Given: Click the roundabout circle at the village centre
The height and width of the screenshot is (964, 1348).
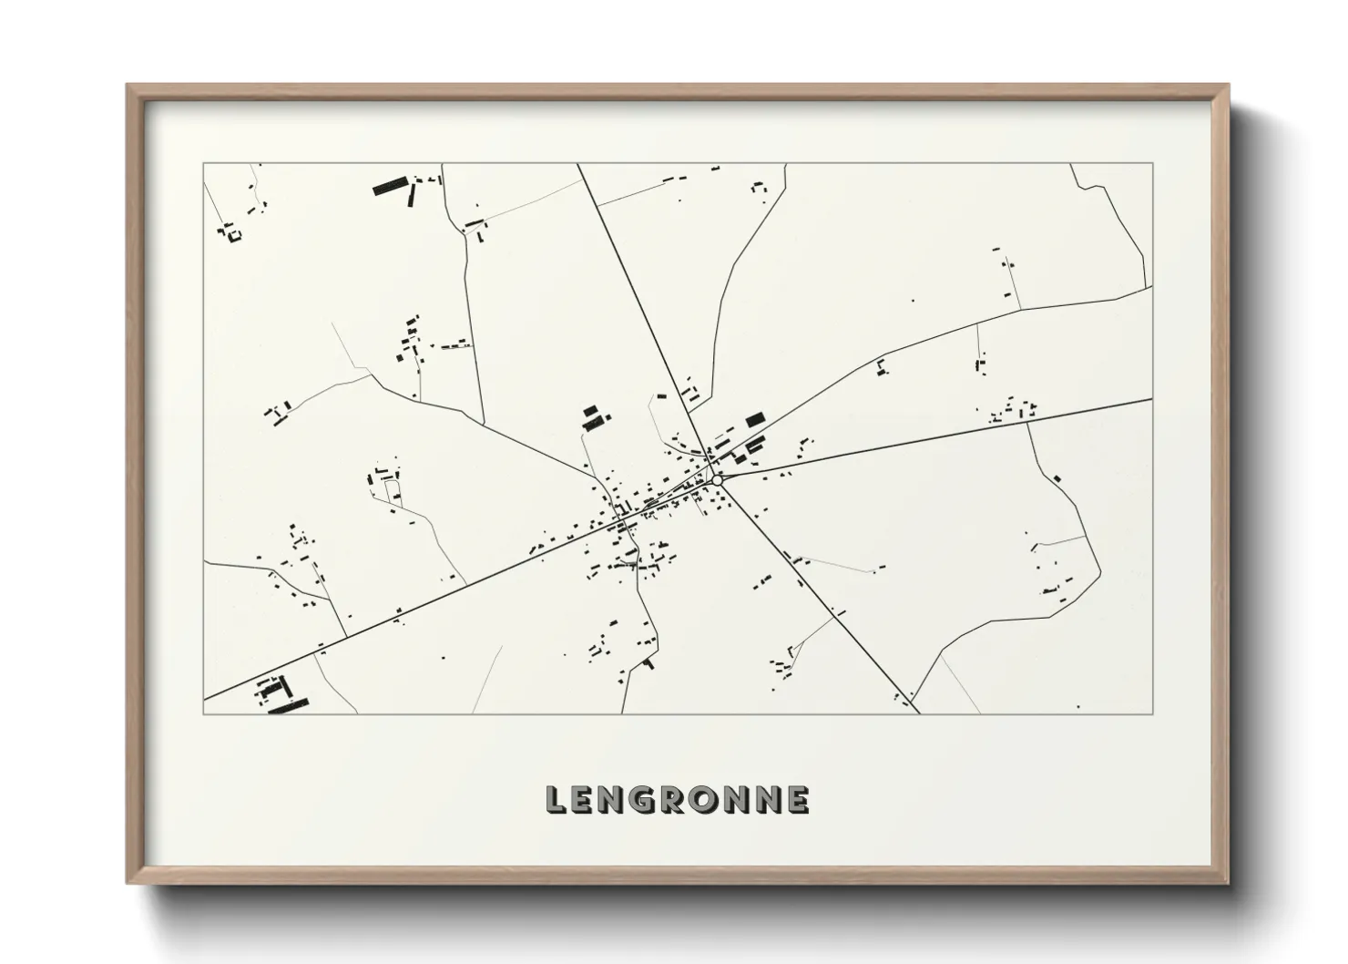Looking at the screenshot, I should click(x=718, y=479).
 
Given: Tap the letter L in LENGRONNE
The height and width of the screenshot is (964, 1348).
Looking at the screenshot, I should click(x=556, y=800).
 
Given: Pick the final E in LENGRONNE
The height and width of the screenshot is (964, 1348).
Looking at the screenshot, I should click(x=798, y=800).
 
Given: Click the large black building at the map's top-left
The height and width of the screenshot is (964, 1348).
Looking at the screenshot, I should click(x=389, y=188).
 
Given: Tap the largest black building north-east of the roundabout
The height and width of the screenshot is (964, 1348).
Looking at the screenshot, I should click(x=755, y=420).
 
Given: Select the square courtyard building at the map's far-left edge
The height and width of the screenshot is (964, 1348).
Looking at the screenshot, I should click(x=233, y=235).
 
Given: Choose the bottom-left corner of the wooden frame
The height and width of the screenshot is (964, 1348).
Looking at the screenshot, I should click(x=128, y=883).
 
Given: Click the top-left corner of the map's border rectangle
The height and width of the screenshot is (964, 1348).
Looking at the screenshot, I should click(x=203, y=164).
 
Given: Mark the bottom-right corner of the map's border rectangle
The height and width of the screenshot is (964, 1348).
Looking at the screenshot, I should click(x=1153, y=713).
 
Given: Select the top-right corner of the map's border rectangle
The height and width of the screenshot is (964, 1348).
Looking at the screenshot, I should click(x=1153, y=164).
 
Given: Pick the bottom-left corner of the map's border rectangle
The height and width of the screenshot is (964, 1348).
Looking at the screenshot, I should click(x=203, y=713).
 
